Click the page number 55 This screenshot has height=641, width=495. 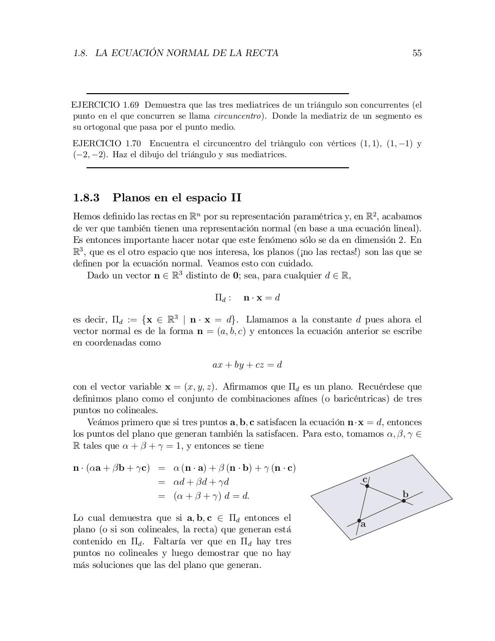(x=417, y=53)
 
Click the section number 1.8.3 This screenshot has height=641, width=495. (x=86, y=198)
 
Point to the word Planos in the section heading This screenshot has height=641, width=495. (x=130, y=198)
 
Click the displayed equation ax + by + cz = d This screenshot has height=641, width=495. (x=247, y=365)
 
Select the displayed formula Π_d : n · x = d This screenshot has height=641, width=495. (x=247, y=298)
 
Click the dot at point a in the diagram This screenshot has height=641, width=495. (x=359, y=521)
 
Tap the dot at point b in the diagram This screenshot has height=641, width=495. (x=404, y=501)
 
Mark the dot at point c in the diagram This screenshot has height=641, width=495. (x=367, y=486)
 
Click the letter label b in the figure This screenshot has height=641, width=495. (x=405, y=494)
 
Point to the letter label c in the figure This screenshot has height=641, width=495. (x=364, y=479)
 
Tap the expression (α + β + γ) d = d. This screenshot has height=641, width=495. (x=211, y=496)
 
